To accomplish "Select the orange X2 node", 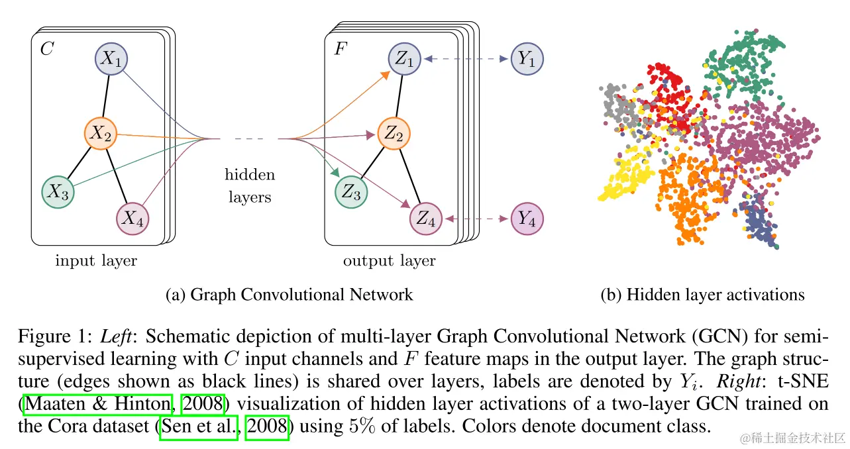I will tap(101, 133).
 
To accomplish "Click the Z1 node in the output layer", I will tap(404, 60).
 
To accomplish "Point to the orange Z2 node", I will tap(394, 134).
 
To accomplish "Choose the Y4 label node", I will tap(527, 218).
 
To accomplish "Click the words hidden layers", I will tap(250, 186).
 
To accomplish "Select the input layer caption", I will tap(96, 261).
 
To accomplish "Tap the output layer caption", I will tap(390, 261).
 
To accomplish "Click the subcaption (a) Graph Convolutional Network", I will tap(289, 295).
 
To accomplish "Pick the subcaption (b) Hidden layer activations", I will tap(702, 295).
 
